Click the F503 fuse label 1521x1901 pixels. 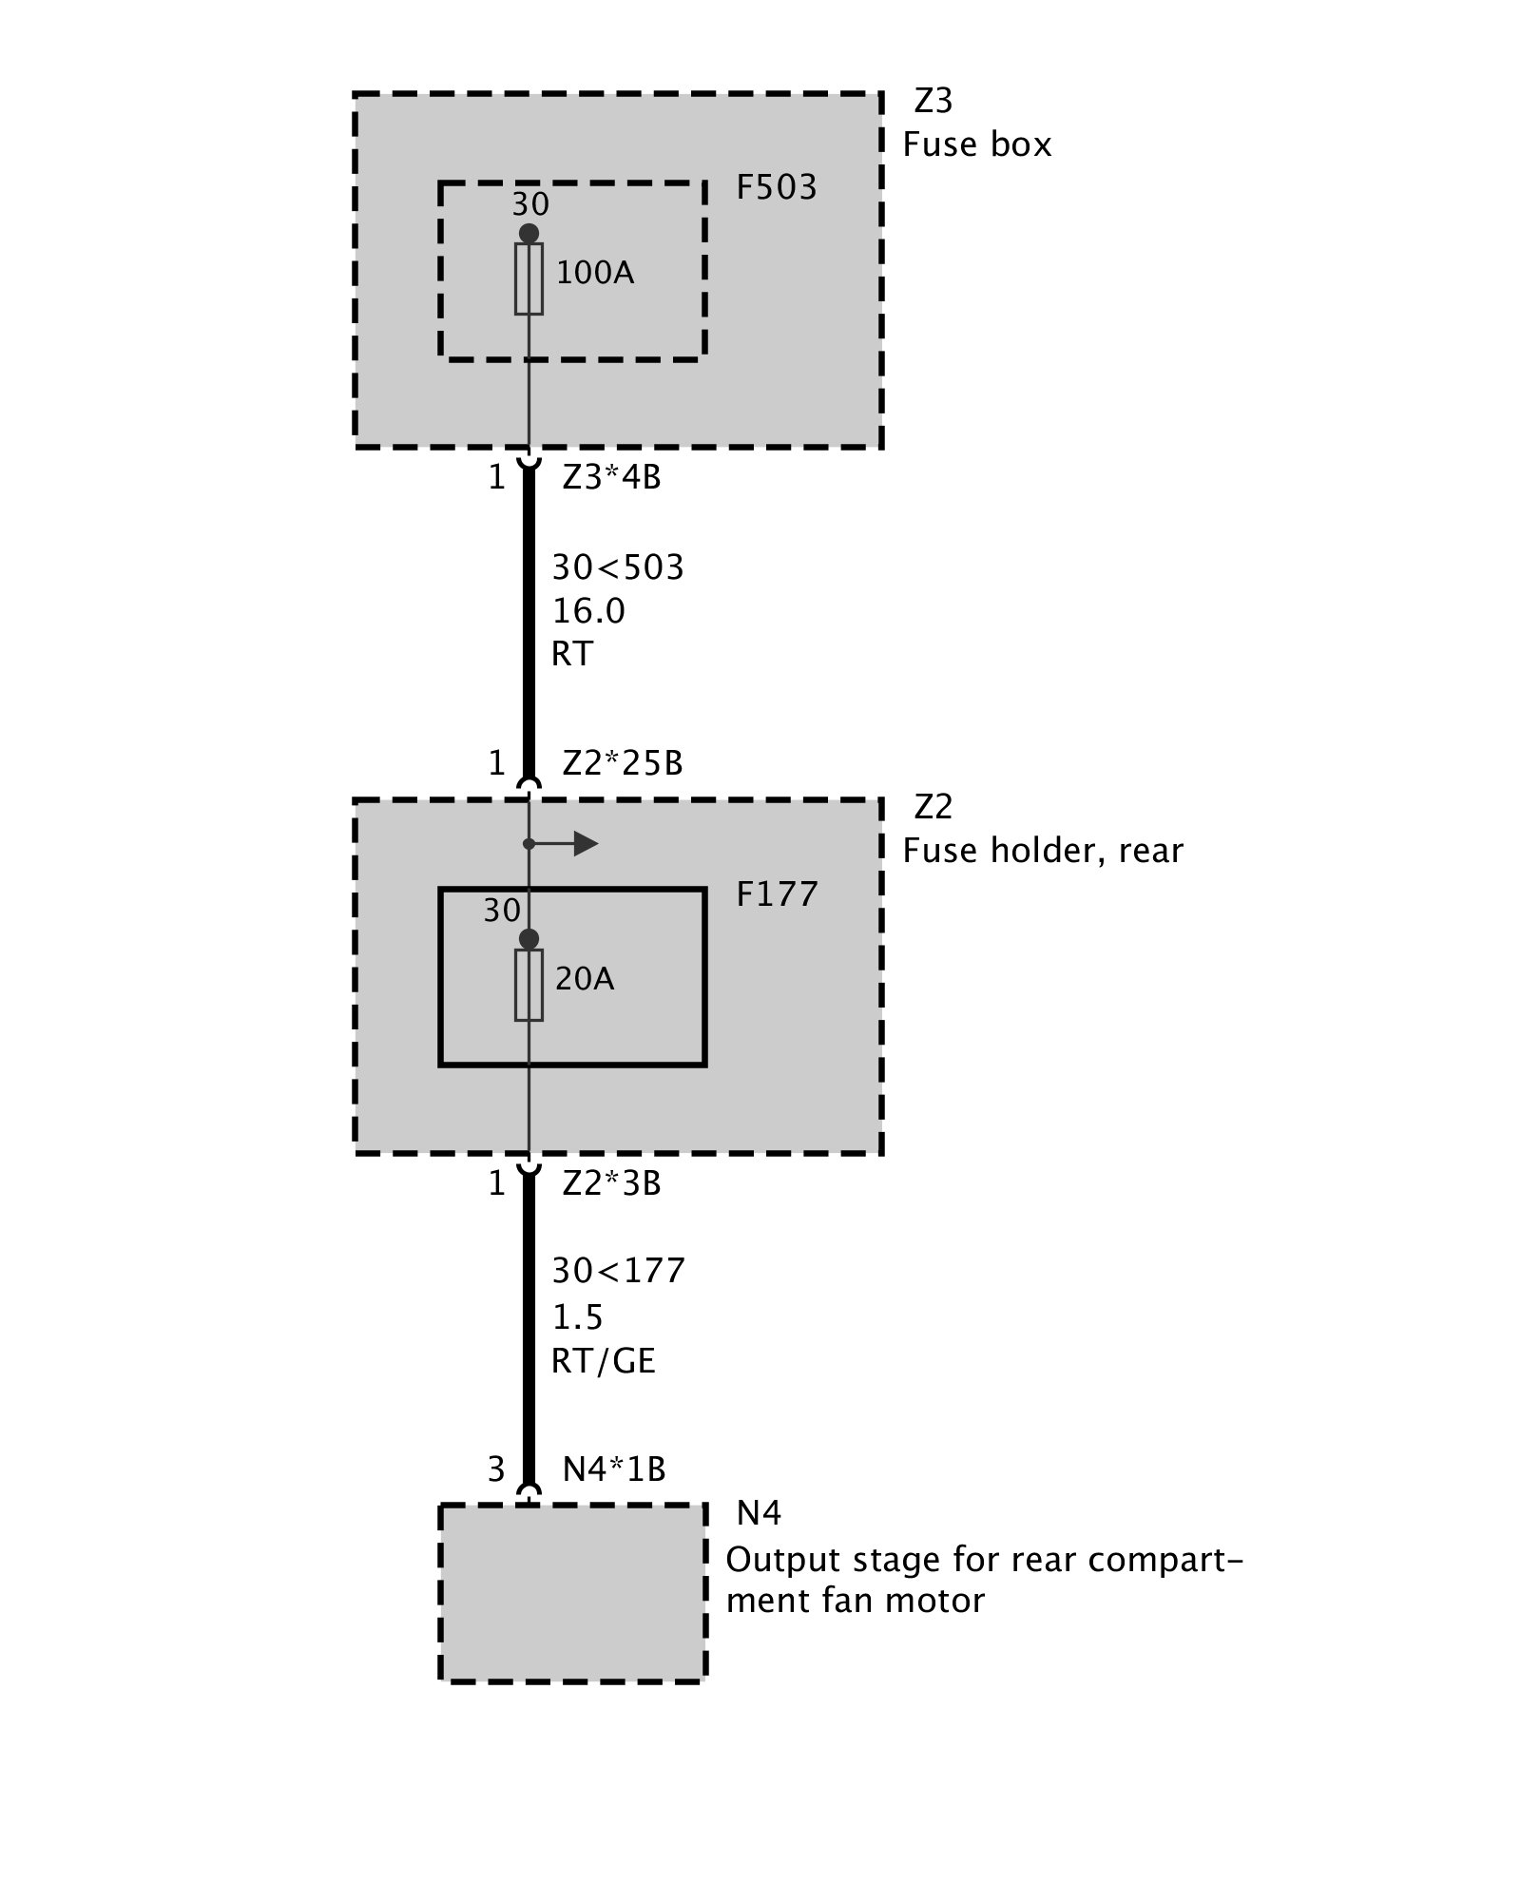tap(776, 187)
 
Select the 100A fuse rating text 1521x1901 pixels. tap(594, 274)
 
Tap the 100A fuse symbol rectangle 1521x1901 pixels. tap(529, 278)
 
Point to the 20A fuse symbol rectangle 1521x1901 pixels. tap(529, 985)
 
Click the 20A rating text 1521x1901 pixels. tap(585, 979)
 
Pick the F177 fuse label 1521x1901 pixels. tap(776, 894)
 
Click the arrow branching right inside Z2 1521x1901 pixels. tap(575, 843)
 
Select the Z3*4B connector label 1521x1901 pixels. tap(611, 476)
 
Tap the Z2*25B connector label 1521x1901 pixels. tap(623, 763)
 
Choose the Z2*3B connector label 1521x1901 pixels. tap(611, 1183)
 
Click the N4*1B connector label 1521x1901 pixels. tap(614, 1469)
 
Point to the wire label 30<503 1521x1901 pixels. tap(618, 567)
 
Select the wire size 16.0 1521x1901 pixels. tap(588, 611)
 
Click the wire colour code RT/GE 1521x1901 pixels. tap(604, 1361)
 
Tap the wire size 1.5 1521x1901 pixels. tap(578, 1317)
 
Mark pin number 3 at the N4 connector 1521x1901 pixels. tap(495, 1469)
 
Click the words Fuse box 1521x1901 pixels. tap(976, 144)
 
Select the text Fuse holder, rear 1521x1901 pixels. tap(1043, 850)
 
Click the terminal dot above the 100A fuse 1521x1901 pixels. tap(529, 234)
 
